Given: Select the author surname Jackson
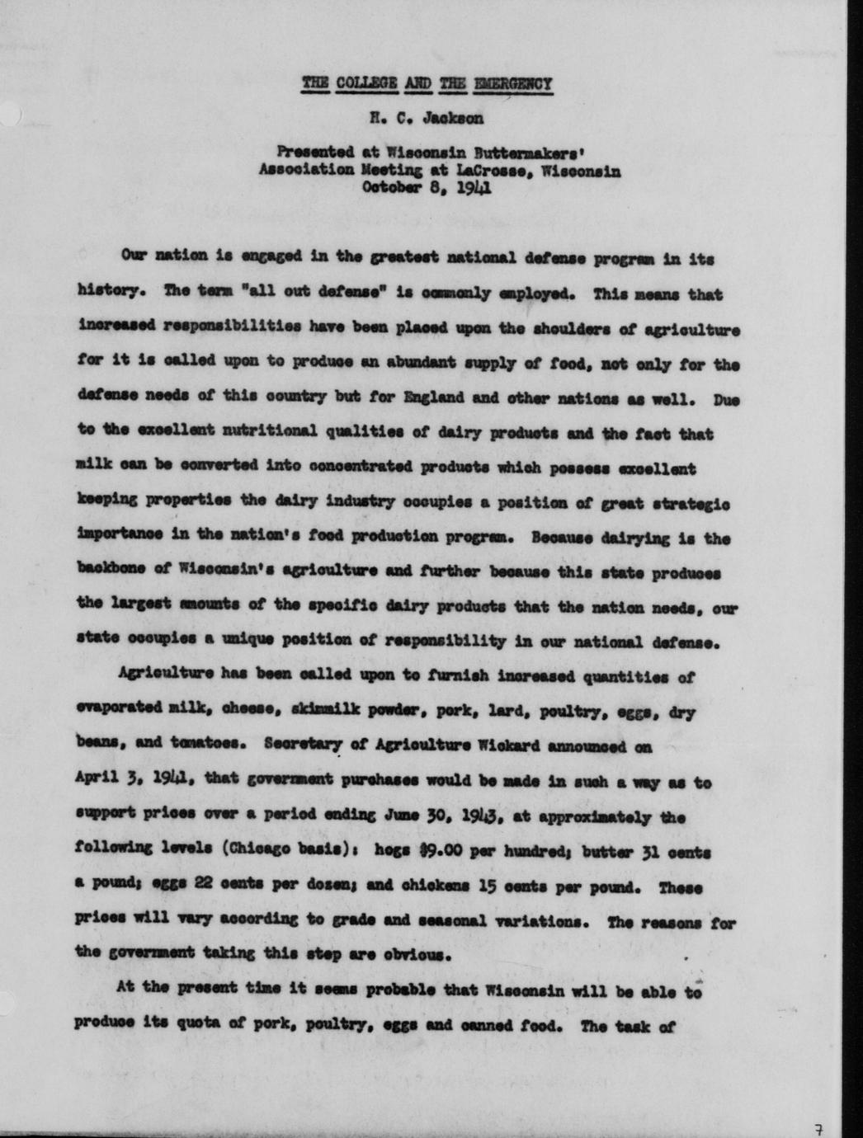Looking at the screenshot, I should point(453,118).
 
